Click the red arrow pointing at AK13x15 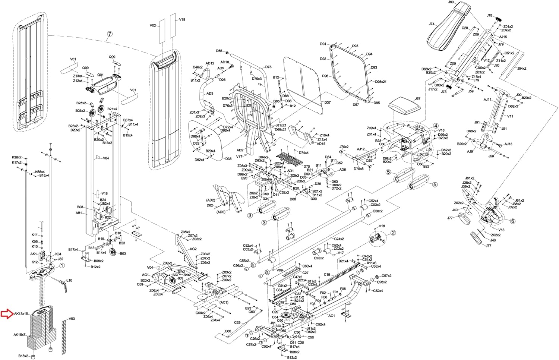pyautogui.click(x=7, y=314)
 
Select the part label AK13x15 pyautogui.click(x=21, y=314)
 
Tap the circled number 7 pyautogui.click(x=109, y=34)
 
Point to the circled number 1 pyautogui.click(x=62, y=266)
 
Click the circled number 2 pyautogui.click(x=393, y=233)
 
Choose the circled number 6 pyautogui.click(x=512, y=221)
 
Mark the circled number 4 pyautogui.click(x=436, y=126)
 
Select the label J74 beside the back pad pyautogui.click(x=432, y=24)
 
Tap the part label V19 pyautogui.click(x=182, y=19)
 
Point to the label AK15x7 pyautogui.click(x=19, y=335)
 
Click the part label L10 pyautogui.click(x=69, y=280)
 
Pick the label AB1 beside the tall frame pyautogui.click(x=79, y=213)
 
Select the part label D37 pyautogui.click(x=327, y=102)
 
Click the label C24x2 pyautogui.click(x=339, y=239)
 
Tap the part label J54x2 pyautogui.click(x=522, y=69)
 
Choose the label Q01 pyautogui.click(x=100, y=75)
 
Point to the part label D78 pyautogui.click(x=268, y=67)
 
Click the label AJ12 pyautogui.click(x=361, y=149)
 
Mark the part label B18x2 pyautogui.click(x=23, y=356)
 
